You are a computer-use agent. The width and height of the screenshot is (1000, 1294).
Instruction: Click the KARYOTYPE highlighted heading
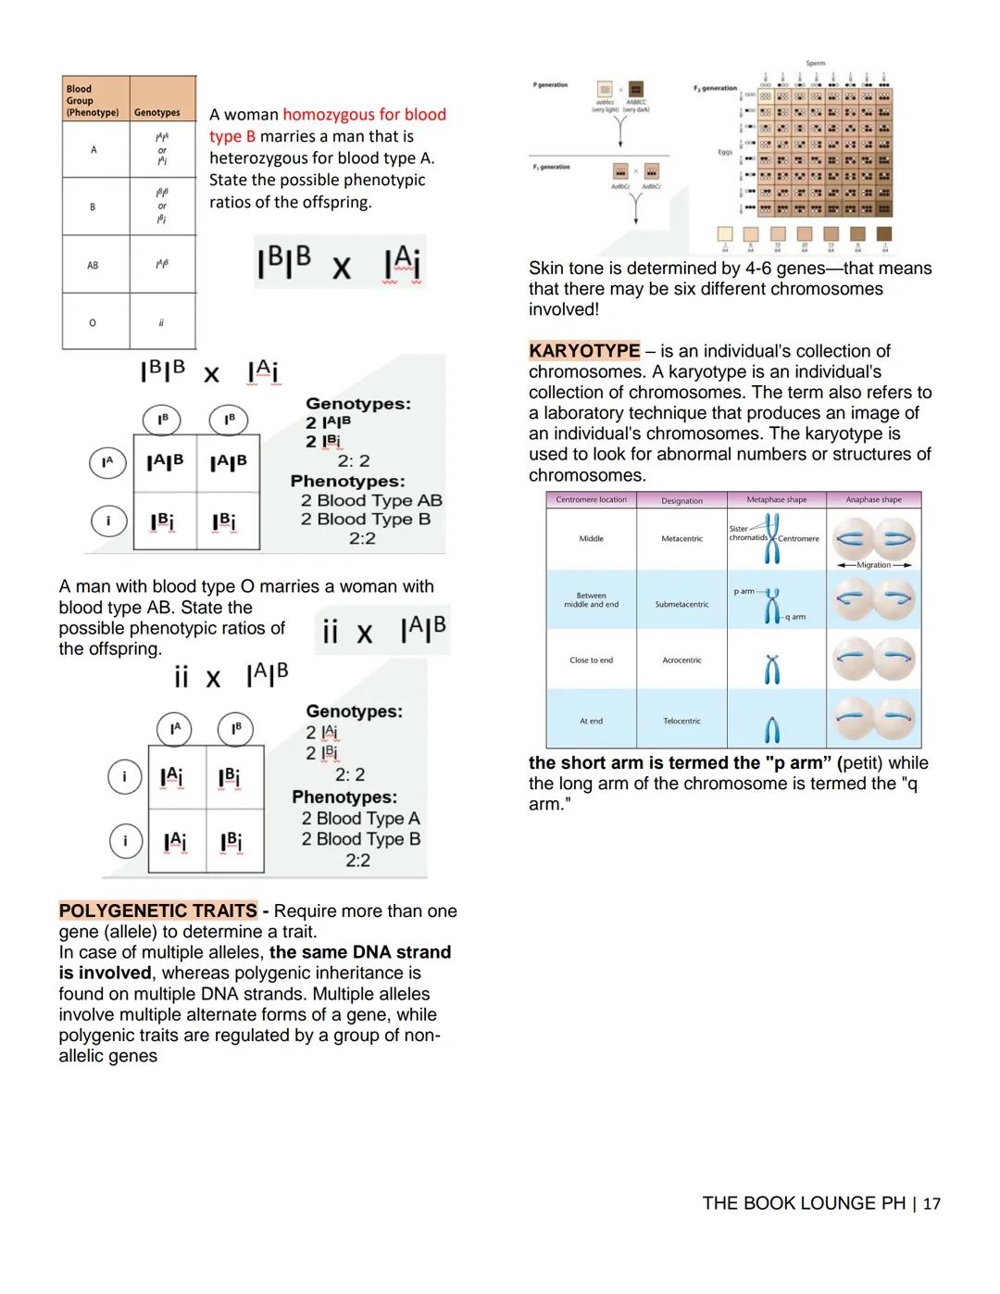pos(584,351)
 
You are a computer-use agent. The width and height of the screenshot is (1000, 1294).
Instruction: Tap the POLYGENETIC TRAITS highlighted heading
pos(158,911)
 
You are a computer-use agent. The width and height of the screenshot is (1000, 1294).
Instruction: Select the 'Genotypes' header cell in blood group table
pos(157,113)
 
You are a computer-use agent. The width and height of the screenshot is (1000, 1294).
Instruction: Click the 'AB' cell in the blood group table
pos(93,265)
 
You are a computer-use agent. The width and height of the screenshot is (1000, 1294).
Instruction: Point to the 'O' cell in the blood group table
pos(93,322)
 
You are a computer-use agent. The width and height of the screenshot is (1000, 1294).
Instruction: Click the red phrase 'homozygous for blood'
pos(364,115)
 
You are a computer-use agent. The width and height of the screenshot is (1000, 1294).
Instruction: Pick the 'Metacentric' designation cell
pos(681,538)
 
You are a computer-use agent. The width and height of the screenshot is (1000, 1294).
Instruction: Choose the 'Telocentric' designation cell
pos(681,721)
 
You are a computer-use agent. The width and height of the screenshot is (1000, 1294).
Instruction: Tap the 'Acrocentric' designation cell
pos(681,660)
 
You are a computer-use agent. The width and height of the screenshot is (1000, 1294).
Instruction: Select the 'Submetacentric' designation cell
pos(681,604)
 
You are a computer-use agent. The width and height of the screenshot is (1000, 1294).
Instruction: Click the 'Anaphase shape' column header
pos(873,500)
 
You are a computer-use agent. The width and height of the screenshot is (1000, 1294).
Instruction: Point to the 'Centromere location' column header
pos(591,500)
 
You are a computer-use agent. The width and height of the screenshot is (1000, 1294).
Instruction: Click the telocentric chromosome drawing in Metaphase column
pos(772,731)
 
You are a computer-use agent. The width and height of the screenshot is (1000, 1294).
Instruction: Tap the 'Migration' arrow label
pos(873,565)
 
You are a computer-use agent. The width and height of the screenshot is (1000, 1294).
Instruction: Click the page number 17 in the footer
pos(931,1204)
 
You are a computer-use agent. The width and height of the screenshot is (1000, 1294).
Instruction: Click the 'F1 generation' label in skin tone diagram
pos(551,168)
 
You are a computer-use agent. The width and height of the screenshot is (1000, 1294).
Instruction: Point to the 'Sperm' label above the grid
pos(815,64)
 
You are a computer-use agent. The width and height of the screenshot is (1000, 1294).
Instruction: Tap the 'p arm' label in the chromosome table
pos(744,591)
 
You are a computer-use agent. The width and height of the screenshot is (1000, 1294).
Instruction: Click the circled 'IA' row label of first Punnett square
pos(107,461)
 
